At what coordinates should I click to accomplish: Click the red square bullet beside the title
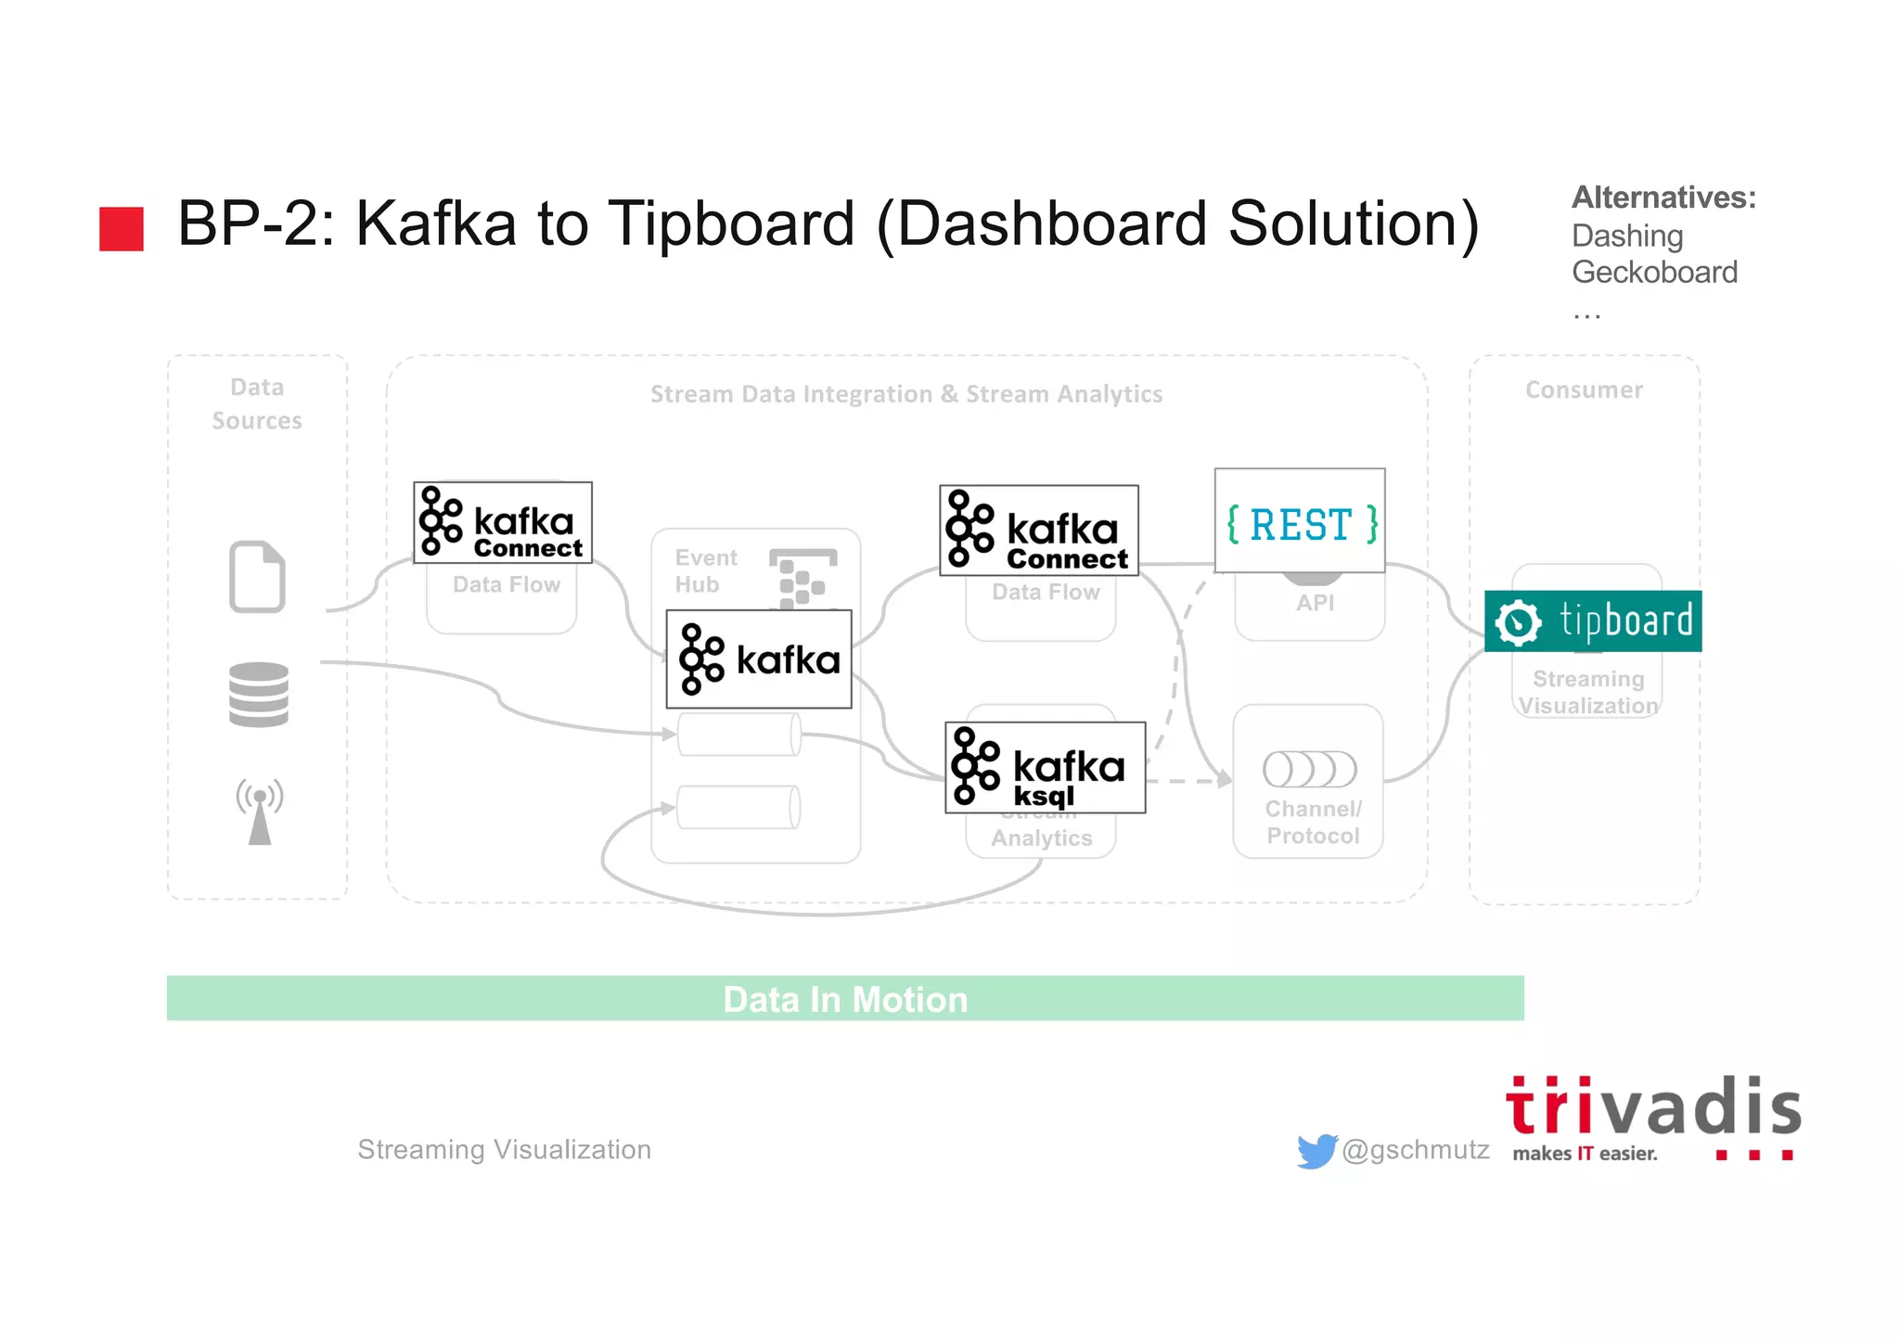122,228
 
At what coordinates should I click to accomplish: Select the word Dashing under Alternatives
1626,236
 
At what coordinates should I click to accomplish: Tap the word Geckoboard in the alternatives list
1654,273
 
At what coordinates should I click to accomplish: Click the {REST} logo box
1300,521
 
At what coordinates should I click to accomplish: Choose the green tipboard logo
1592,620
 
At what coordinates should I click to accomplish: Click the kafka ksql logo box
1045,768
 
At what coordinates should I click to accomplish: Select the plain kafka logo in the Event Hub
759,659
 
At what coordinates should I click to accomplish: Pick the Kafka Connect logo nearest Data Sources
502,522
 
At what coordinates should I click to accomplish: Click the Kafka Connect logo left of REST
1038,530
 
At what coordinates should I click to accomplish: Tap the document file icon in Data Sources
257,576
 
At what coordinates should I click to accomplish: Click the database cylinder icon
259,695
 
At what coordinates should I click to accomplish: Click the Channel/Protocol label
1313,822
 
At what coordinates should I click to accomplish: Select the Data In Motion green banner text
845,999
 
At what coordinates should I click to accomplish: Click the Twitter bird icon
1316,1150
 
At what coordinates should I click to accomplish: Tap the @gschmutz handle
1416,1150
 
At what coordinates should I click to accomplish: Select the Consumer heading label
1584,390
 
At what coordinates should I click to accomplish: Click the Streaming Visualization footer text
504,1150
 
